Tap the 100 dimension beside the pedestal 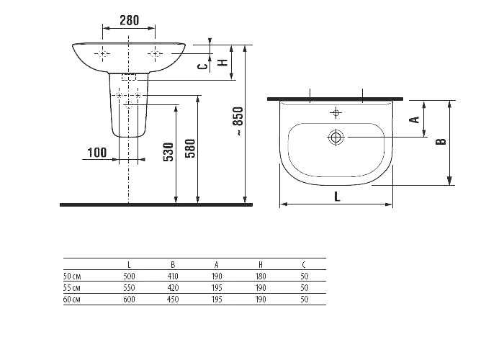coord(96,152)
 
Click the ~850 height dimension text coord(238,124)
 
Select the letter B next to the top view coord(442,141)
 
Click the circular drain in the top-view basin coord(336,137)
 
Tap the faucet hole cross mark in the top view coord(336,112)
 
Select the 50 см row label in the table coord(72,275)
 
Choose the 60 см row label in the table coord(72,298)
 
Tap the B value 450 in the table coord(173,298)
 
